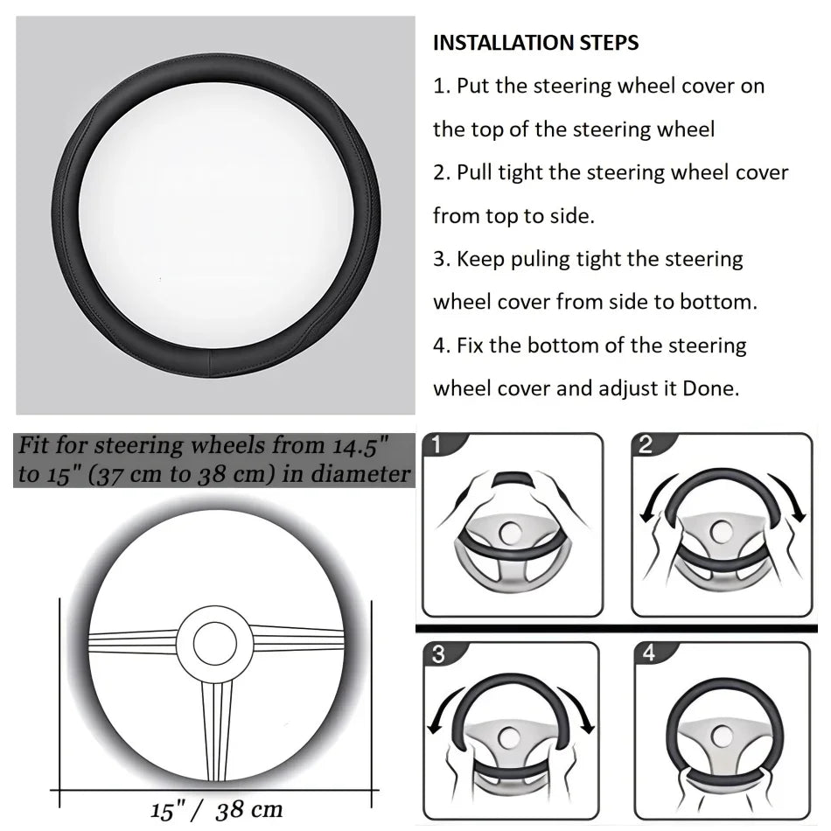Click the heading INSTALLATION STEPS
(x=535, y=43)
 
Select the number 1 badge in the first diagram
(x=436, y=445)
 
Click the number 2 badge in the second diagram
(x=646, y=444)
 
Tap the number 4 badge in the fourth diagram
(x=648, y=653)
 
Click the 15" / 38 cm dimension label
(x=216, y=808)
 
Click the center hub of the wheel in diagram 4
(x=722, y=735)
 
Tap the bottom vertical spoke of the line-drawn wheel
(x=214, y=726)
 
